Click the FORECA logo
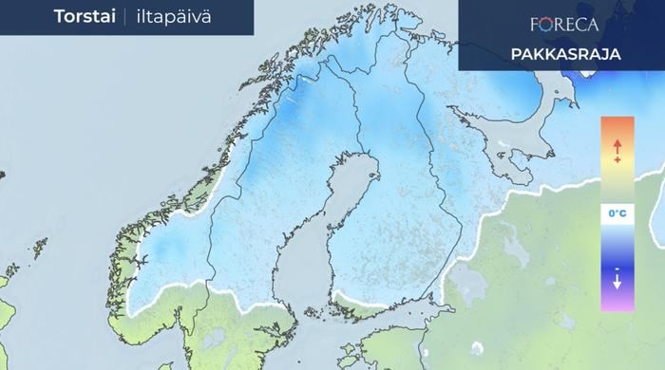tap(564, 23)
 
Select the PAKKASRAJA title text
tap(565, 54)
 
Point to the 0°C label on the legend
tap(617, 215)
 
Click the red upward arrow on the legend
tap(617, 146)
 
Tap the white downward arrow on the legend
tap(617, 282)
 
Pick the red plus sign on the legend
tap(617, 160)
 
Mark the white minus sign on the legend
tap(617, 268)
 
